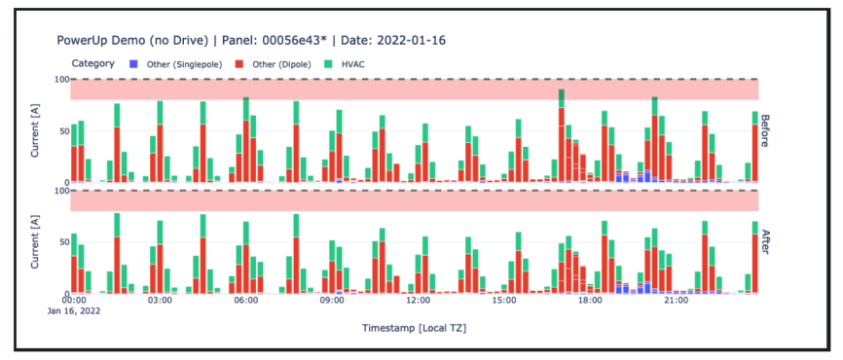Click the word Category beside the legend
pos(92,63)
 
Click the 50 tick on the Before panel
pos(62,129)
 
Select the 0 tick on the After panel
pos(65,293)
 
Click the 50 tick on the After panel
pos(62,240)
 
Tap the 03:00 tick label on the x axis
pos(160,301)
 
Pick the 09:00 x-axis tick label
pos(332,301)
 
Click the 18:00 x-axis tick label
pos(590,301)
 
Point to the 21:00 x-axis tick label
pos(676,301)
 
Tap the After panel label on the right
pos(765,240)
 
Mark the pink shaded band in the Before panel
pos(414,89)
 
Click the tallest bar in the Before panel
pos(562,136)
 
